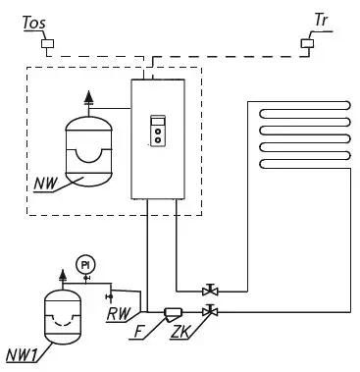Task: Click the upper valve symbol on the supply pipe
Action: (x=209, y=290)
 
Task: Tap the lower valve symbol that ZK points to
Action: (x=209, y=312)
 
